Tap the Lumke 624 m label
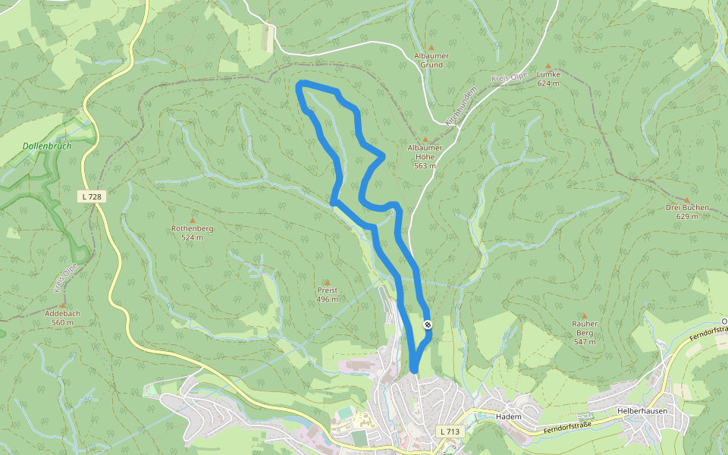click(x=548, y=79)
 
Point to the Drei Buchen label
click(x=687, y=212)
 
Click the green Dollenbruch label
click(x=47, y=146)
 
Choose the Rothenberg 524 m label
click(x=192, y=233)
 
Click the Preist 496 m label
click(x=328, y=294)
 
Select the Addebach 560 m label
click(x=62, y=318)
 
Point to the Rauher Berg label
click(x=584, y=332)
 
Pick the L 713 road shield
click(x=450, y=431)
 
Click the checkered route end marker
click(x=428, y=325)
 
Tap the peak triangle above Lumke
click(x=548, y=66)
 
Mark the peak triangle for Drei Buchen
click(x=687, y=200)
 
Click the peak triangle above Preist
click(x=328, y=282)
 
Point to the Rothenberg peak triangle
click(x=192, y=220)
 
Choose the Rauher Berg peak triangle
click(x=584, y=315)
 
